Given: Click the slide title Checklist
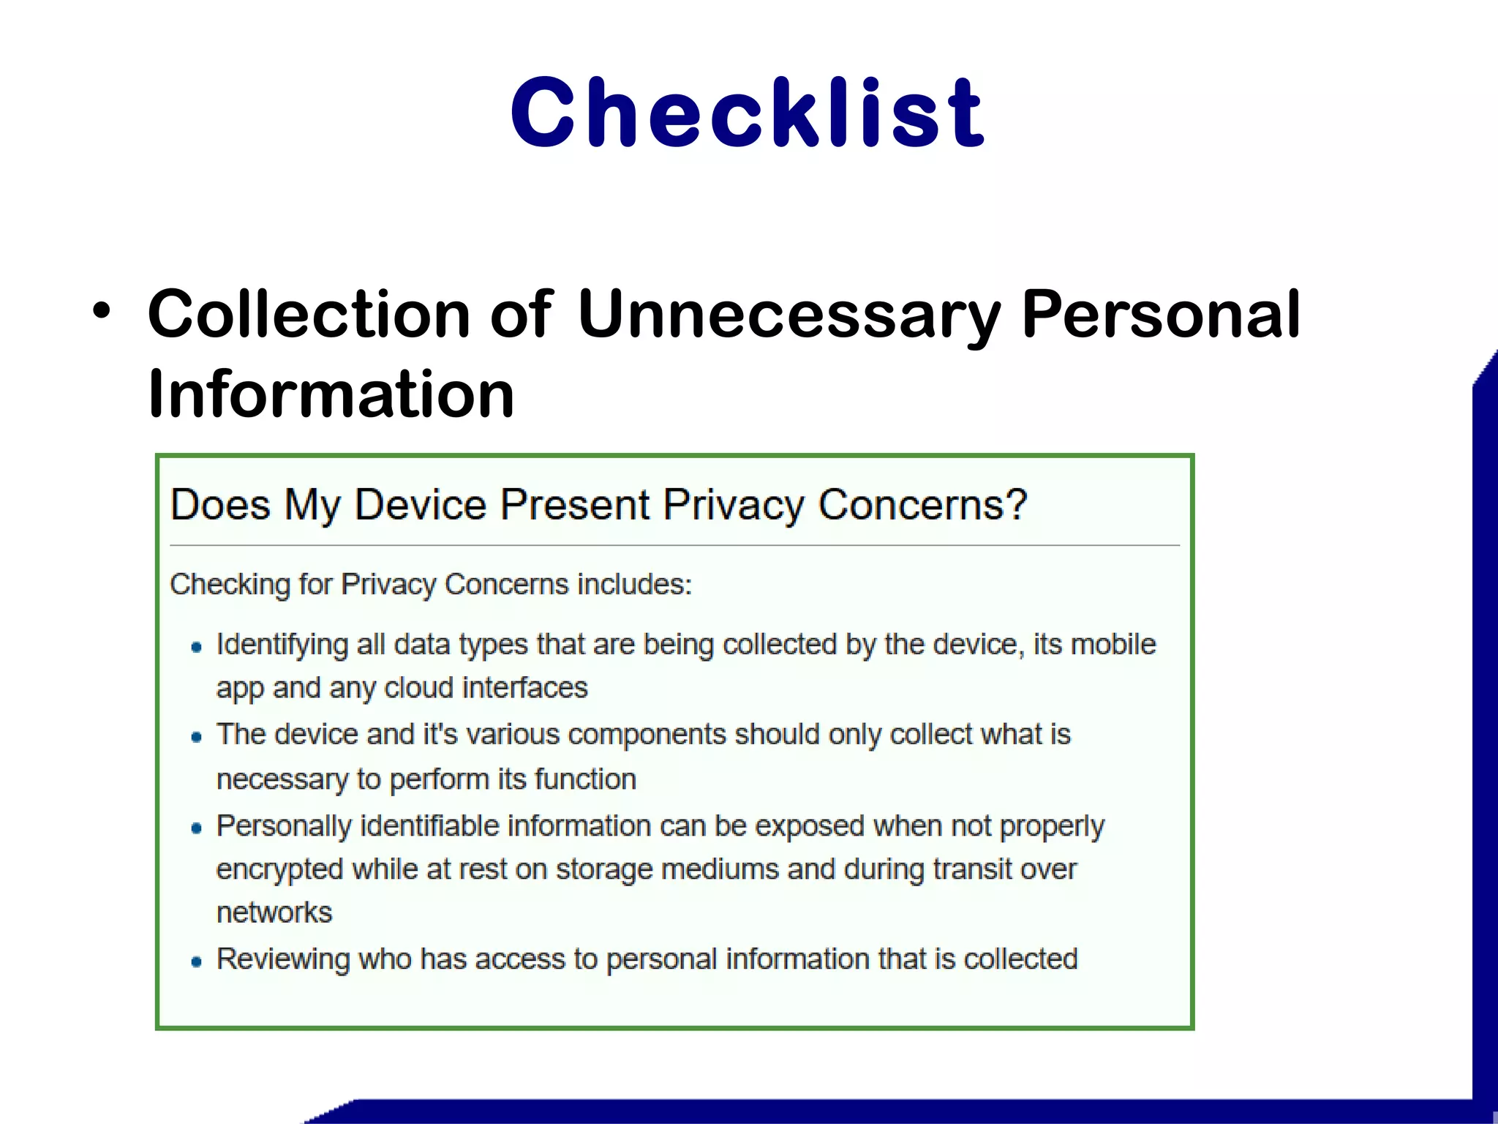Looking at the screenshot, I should pos(748,113).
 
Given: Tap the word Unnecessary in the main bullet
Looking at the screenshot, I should pos(788,315).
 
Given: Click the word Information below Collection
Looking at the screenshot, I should pos(331,394).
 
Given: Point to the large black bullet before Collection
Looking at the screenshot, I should pos(102,311).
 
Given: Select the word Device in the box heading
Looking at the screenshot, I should pos(421,505).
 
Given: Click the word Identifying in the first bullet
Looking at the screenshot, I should pos(282,645).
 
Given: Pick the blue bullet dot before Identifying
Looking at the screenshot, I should pos(196,647).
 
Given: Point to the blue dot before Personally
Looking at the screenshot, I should pos(196,828).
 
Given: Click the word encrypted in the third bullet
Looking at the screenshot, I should pos(279,870).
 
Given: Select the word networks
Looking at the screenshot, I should pos(274,913).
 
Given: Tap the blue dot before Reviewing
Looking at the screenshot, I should pos(196,962).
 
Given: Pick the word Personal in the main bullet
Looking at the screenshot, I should pos(1161,315).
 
